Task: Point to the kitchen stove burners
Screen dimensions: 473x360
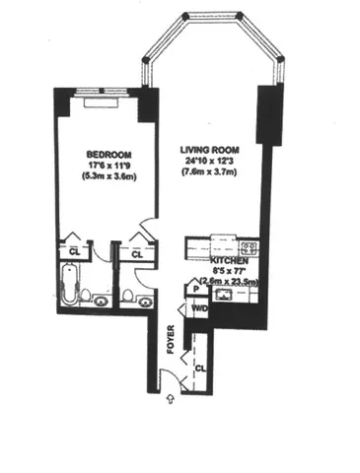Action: click(249, 247)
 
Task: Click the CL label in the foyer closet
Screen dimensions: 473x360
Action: click(200, 366)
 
